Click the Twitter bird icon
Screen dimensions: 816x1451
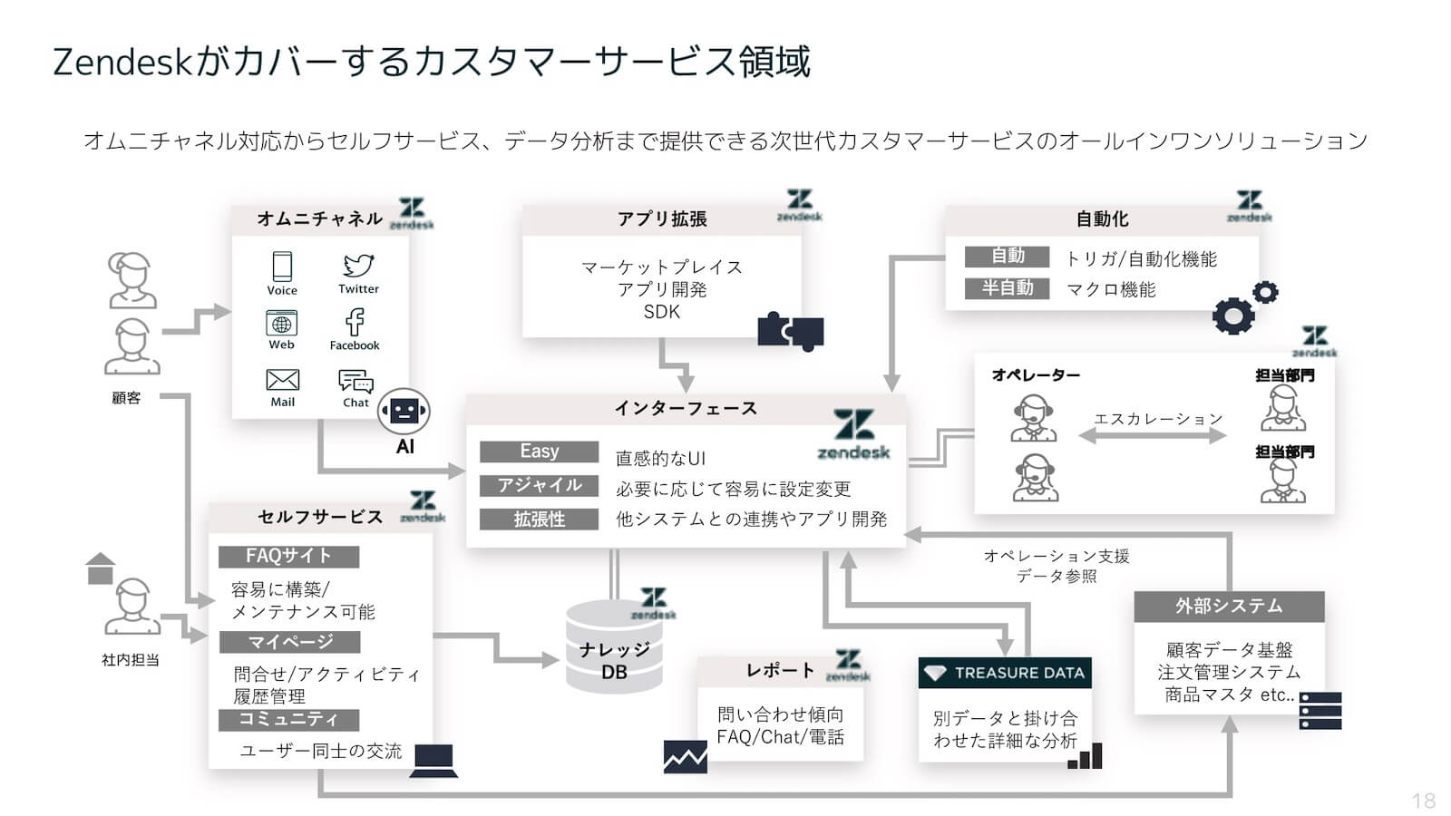point(358,266)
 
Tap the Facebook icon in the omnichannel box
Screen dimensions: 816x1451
point(355,322)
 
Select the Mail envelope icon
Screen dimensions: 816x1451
point(282,380)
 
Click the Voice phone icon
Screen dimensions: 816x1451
point(282,267)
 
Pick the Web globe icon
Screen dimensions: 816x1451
point(281,323)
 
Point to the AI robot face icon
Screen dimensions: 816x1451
point(404,413)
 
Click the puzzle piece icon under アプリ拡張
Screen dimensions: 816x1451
point(790,332)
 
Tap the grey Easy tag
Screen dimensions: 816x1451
point(539,452)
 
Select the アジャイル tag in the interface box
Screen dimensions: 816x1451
point(539,486)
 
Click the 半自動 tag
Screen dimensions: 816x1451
point(1007,288)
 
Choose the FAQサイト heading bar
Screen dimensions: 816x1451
point(288,556)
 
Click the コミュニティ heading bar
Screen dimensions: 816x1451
point(288,720)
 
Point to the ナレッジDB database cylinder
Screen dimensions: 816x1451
point(614,646)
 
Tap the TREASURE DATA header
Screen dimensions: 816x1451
point(1005,673)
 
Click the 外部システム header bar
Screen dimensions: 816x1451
point(1229,607)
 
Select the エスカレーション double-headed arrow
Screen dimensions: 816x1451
point(1153,436)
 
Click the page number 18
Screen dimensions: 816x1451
point(1423,801)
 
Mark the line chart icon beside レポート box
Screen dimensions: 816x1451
point(685,757)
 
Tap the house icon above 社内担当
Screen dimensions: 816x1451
point(100,568)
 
